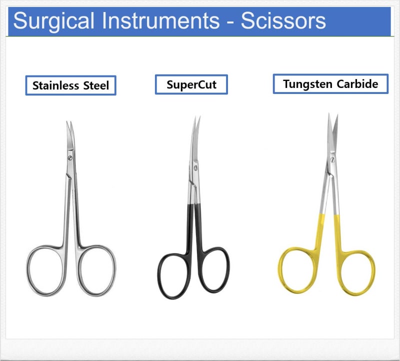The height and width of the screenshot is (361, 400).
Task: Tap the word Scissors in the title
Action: click(x=283, y=20)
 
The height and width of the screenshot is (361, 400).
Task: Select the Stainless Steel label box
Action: click(x=70, y=85)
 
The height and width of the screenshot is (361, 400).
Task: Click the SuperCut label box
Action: click(x=191, y=84)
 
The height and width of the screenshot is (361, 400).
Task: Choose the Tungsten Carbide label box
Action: click(x=330, y=83)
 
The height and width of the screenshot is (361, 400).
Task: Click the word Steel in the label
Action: click(x=96, y=85)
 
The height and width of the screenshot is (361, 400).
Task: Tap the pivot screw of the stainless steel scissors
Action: click(x=69, y=158)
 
